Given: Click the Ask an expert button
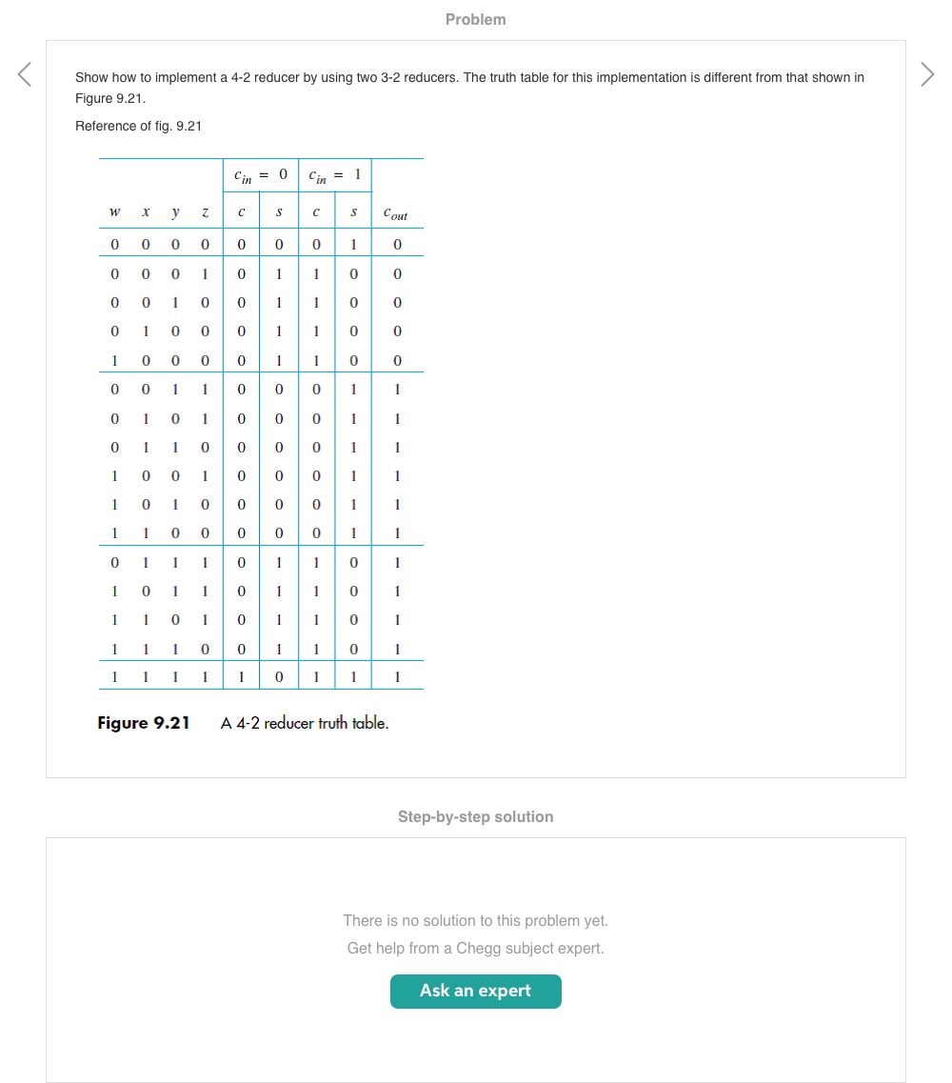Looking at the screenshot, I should click(x=475, y=991).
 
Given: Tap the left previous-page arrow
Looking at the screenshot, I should click(x=25, y=74).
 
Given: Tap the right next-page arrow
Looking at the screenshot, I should click(x=927, y=74).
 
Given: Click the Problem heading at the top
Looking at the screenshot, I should click(x=475, y=19).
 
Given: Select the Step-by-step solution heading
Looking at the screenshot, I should click(x=475, y=816).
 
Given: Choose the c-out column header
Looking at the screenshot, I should click(x=396, y=215).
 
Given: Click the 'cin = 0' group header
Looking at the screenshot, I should click(x=260, y=174).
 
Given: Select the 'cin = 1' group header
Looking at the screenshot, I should click(x=334, y=174).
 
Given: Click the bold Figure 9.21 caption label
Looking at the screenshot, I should click(x=144, y=723).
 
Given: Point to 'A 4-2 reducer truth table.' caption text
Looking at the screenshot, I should click(x=305, y=723).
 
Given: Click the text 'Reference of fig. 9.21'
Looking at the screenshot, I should click(x=138, y=126).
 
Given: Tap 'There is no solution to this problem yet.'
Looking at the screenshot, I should click(x=475, y=920).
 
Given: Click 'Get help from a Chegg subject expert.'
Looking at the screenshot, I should click(x=475, y=948).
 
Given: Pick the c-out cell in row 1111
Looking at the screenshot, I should click(x=397, y=678).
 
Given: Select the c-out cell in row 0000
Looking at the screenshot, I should click(x=397, y=245).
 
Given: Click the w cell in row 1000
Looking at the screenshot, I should click(x=114, y=361).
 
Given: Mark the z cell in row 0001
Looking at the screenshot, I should click(x=205, y=274).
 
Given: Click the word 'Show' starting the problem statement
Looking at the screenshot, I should click(x=91, y=77).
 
